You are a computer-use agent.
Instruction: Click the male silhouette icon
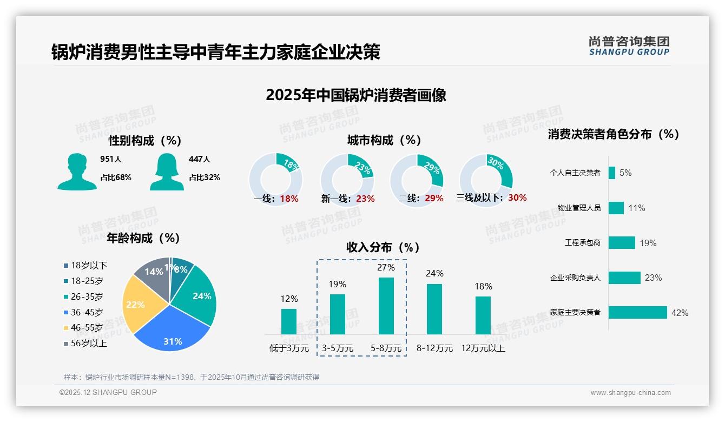[77, 172]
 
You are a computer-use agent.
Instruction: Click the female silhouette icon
[167, 172]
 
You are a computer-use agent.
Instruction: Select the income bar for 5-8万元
[386, 306]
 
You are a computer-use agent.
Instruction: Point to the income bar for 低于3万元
[289, 321]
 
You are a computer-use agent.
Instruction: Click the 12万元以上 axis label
[483, 348]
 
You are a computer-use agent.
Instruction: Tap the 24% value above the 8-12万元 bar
[434, 273]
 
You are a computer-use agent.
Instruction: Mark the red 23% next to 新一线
[365, 199]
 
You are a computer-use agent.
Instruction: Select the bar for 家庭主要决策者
[637, 313]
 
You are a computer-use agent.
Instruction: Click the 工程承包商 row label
[582, 243]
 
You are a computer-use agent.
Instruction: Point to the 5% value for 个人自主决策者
[625, 173]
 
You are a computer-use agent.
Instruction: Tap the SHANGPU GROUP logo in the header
[629, 46]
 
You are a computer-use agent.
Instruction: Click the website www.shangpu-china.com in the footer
[630, 393]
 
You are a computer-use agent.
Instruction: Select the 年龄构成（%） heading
[143, 238]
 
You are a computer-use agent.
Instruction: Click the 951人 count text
[111, 159]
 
